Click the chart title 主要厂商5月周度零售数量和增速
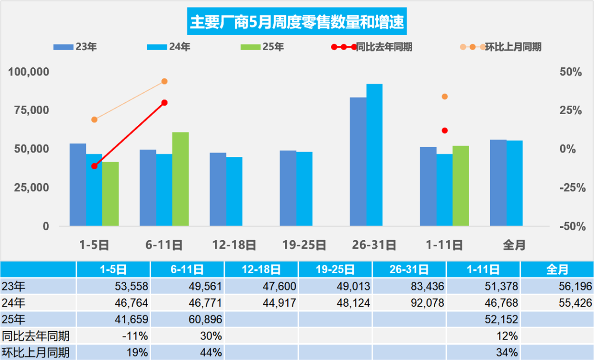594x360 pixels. coord(297,22)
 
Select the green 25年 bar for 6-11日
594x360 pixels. coord(181,179)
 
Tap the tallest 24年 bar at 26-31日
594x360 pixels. coord(374,155)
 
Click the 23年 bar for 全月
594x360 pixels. coord(498,183)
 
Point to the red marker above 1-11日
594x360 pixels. coord(445,130)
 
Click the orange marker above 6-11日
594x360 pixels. coord(164,82)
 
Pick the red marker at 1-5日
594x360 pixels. coord(95,166)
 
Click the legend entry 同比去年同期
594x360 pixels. coord(383,47)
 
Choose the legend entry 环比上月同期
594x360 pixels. coord(513,47)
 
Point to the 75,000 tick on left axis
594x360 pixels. coord(29,111)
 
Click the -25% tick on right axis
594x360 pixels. coord(570,188)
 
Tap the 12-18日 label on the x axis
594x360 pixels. coord(234,244)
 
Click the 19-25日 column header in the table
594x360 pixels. coord(335,269)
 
